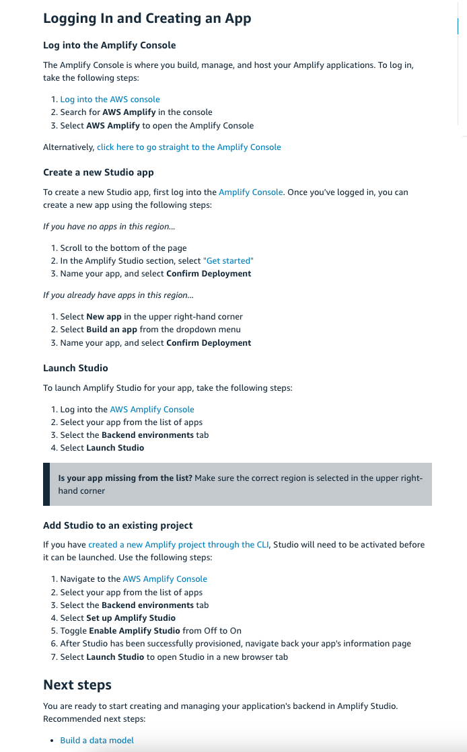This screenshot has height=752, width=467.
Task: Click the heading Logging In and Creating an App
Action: (x=147, y=18)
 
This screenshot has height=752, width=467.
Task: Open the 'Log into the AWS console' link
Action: (x=110, y=99)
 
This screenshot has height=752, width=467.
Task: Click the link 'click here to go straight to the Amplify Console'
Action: (x=188, y=147)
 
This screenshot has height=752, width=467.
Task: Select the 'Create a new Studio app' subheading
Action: (x=98, y=172)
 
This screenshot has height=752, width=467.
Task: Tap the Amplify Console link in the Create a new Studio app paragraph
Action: (x=250, y=192)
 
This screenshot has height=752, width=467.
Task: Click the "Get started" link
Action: (x=228, y=260)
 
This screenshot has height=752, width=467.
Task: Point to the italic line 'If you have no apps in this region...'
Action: (x=110, y=227)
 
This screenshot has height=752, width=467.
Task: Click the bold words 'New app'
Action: (x=104, y=316)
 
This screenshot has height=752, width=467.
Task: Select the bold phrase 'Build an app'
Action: (x=112, y=330)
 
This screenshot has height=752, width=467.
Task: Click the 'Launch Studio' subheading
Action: (x=75, y=368)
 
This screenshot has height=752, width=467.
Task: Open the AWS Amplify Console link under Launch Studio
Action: (x=151, y=409)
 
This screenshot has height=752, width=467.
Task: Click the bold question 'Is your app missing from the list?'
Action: (x=125, y=478)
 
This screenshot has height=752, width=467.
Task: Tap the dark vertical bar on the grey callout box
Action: (x=46, y=484)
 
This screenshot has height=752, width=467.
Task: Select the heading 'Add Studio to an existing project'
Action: (x=118, y=525)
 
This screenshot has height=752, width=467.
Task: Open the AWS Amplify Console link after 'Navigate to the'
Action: (x=164, y=578)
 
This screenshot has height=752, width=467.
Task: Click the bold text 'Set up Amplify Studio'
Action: (x=131, y=617)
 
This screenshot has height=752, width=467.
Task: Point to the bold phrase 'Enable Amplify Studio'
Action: (x=131, y=630)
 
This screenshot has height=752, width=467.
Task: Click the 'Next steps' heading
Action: (x=77, y=685)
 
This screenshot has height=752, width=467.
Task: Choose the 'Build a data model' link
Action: (x=97, y=740)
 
